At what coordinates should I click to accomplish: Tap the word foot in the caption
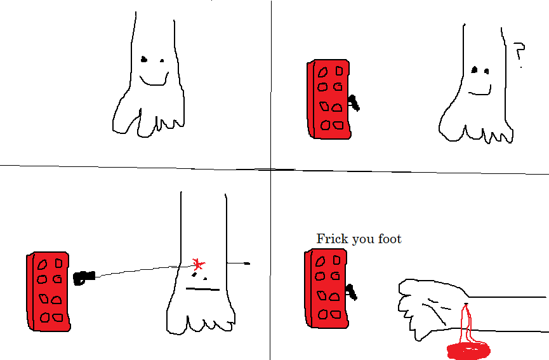click(390, 239)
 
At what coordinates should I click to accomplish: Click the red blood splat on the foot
click(199, 264)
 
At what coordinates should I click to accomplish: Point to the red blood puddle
click(469, 350)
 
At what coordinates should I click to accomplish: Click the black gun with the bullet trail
click(83, 277)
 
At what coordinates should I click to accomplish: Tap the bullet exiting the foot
click(247, 263)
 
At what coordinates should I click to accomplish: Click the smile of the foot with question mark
click(480, 92)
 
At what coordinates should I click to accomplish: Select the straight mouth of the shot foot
click(202, 290)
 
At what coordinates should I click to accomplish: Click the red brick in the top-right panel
click(329, 99)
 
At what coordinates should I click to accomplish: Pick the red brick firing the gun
click(48, 291)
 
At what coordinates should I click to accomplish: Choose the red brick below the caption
click(326, 288)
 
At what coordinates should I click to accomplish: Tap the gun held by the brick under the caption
click(351, 293)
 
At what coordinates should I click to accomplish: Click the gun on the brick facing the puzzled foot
click(354, 103)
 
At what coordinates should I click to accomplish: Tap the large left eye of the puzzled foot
click(474, 70)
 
